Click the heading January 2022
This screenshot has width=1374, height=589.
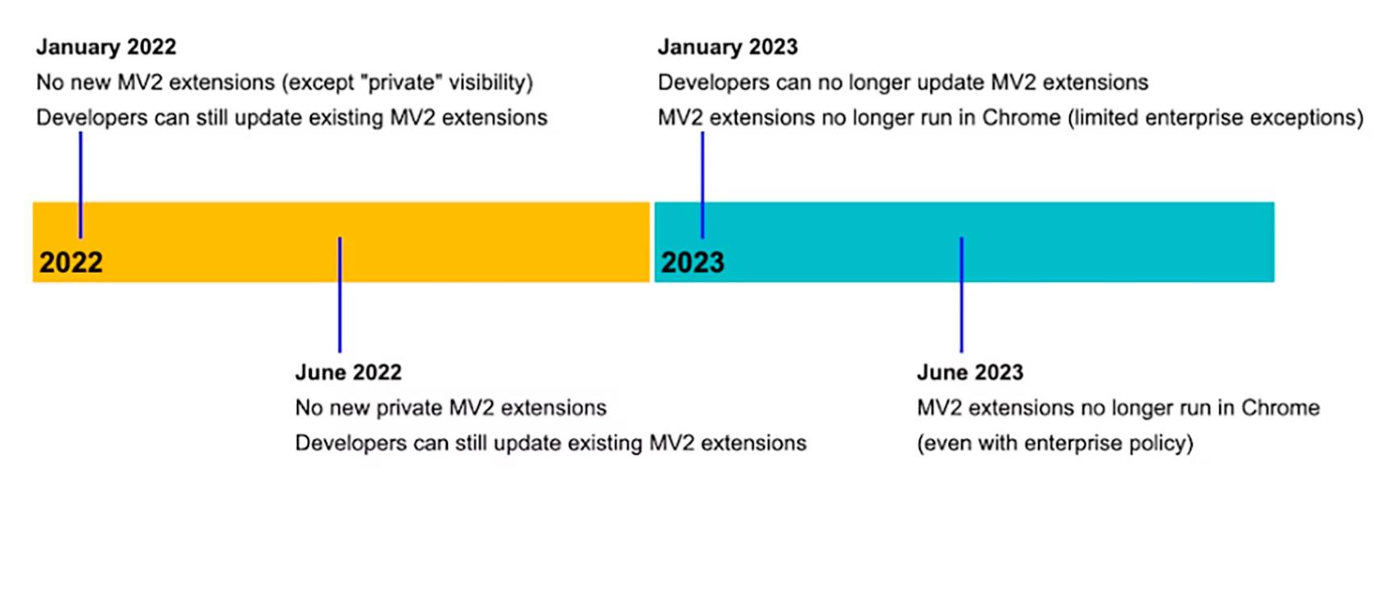tap(106, 47)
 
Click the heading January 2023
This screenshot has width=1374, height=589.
tap(727, 47)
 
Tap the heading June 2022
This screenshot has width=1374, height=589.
tap(348, 372)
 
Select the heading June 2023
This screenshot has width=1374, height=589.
tap(970, 372)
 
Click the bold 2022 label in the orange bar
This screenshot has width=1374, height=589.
tap(71, 263)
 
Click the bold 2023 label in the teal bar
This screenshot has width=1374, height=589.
tap(693, 263)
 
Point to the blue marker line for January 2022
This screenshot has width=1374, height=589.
tap(81, 185)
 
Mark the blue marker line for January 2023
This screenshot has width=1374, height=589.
tap(702, 185)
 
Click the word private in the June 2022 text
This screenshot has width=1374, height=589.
tap(409, 408)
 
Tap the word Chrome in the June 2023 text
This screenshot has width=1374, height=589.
tap(1280, 408)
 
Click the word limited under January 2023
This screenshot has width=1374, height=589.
tap(1103, 118)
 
